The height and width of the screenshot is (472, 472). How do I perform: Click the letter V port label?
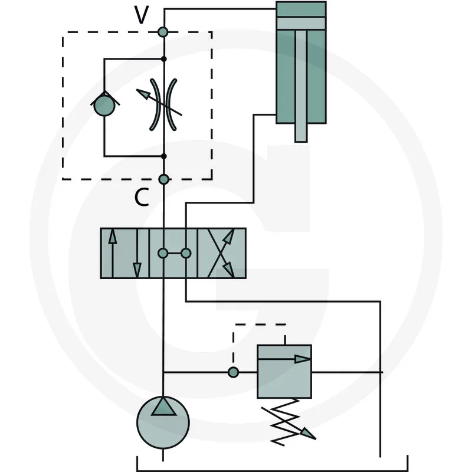[142, 15]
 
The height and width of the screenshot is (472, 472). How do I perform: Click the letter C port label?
[142, 197]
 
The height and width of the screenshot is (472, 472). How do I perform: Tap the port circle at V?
[163, 32]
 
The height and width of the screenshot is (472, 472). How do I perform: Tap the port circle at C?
[163, 179]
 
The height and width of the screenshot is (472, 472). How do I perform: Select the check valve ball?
[104, 106]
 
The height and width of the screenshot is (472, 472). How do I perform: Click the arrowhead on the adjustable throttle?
[143, 94]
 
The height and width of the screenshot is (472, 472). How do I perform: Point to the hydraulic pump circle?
[163, 422]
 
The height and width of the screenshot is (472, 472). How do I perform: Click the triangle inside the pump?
[163, 407]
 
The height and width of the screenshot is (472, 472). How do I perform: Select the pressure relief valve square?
[284, 372]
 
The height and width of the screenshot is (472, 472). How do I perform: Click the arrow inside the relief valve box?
[284, 359]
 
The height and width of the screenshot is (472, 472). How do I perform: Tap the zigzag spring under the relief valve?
[286, 422]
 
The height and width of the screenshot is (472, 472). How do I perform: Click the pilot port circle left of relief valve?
[233, 372]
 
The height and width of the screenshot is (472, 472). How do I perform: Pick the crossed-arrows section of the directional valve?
[222, 253]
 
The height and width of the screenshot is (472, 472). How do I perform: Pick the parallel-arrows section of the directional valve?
[124, 253]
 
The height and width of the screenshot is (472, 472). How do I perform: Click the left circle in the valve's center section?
[163, 254]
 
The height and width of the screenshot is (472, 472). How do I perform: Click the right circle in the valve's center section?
[186, 254]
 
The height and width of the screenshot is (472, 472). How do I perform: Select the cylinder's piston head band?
[301, 24]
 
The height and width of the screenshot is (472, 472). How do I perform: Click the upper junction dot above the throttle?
[164, 59]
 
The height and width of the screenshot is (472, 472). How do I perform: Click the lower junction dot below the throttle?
[164, 156]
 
